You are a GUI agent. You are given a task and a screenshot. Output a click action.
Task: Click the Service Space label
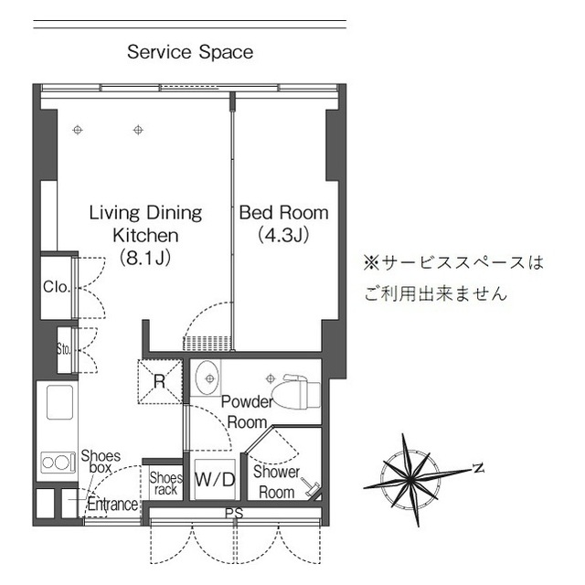pos(190,52)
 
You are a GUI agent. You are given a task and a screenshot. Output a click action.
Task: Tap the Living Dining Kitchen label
pos(145,224)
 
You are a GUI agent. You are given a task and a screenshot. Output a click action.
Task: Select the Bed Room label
pos(283,213)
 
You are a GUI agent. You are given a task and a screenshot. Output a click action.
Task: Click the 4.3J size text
pos(283,236)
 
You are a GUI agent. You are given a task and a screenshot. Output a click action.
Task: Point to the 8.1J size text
pos(145,258)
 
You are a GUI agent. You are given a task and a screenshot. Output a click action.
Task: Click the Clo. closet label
pos(56,287)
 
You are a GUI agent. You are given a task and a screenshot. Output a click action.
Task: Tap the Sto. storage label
pos(64,348)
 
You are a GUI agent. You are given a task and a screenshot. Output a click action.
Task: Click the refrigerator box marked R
pos(159,382)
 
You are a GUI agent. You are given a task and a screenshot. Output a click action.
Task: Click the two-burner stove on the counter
pos(58,463)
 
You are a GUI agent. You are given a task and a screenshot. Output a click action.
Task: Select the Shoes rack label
pos(165,484)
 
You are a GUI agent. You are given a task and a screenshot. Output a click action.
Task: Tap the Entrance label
pos(112,505)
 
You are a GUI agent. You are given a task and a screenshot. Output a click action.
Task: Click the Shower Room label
pos(276,483)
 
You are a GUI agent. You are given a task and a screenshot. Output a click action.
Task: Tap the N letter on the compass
pos(477,468)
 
